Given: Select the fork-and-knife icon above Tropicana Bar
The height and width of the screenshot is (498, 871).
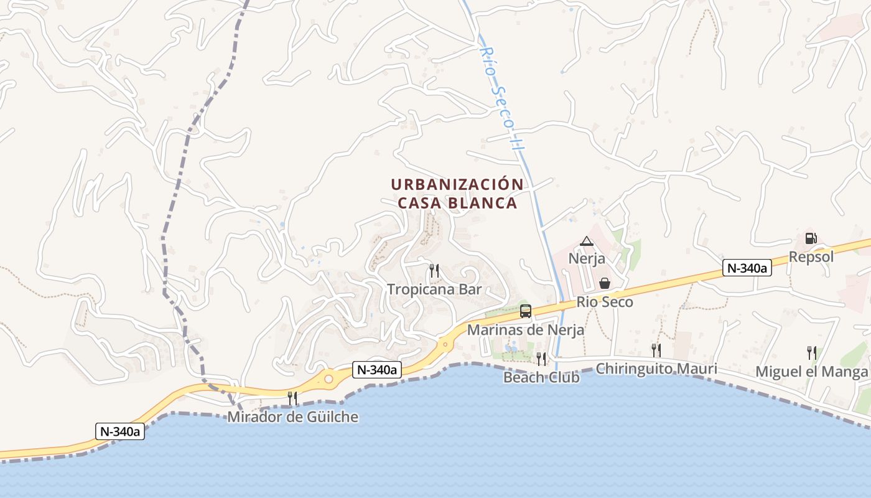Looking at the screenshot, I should click(434, 271).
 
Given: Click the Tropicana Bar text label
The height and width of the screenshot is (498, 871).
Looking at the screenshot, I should click(434, 289).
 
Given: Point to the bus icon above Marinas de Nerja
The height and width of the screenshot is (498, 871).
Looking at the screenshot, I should click(526, 311).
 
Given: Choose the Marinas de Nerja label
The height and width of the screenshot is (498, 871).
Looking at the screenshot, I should click(526, 330).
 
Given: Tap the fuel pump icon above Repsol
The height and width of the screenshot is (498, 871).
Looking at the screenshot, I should click(811, 238).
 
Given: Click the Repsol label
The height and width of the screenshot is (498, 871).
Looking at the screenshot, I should click(811, 256).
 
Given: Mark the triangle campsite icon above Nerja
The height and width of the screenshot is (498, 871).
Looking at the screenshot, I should click(587, 241).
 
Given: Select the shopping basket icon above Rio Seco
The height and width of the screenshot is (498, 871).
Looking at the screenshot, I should click(604, 284).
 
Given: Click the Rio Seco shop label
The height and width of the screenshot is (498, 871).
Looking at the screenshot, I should click(605, 302).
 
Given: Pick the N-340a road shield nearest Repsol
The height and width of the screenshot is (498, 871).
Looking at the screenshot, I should click(747, 268).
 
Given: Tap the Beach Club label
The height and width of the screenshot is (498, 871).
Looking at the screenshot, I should click(541, 377).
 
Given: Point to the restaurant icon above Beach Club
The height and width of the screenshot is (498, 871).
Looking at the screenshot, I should click(541, 359).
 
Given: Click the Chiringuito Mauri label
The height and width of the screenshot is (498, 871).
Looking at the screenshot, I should click(656, 369).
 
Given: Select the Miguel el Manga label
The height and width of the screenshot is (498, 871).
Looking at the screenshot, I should click(811, 372).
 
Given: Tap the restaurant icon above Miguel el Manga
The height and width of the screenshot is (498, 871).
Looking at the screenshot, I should click(811, 353).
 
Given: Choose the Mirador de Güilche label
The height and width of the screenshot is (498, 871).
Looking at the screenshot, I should click(292, 416).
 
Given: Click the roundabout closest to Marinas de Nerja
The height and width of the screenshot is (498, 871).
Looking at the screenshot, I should click(445, 343).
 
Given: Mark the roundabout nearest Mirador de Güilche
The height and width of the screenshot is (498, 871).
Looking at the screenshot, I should click(328, 378).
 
